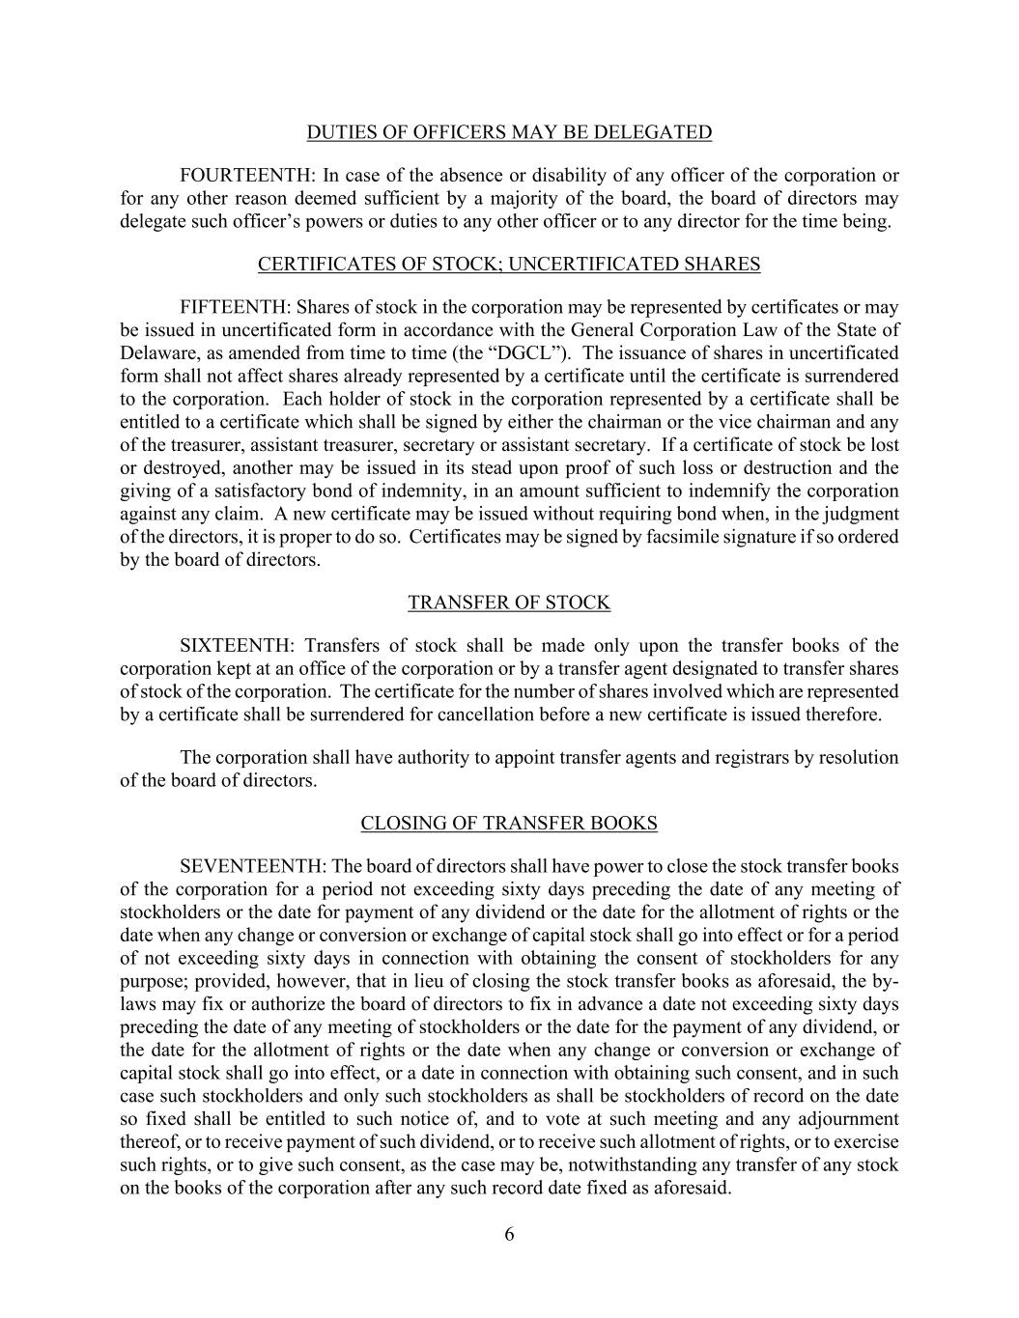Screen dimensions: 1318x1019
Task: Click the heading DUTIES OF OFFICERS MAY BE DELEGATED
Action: coord(509,132)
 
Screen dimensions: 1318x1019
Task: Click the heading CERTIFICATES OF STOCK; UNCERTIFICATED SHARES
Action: coord(509,265)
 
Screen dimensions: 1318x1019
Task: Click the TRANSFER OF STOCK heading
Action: coord(509,603)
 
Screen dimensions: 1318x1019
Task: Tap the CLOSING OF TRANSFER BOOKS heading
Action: coord(509,824)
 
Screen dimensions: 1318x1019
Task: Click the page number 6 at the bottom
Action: coord(509,1234)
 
